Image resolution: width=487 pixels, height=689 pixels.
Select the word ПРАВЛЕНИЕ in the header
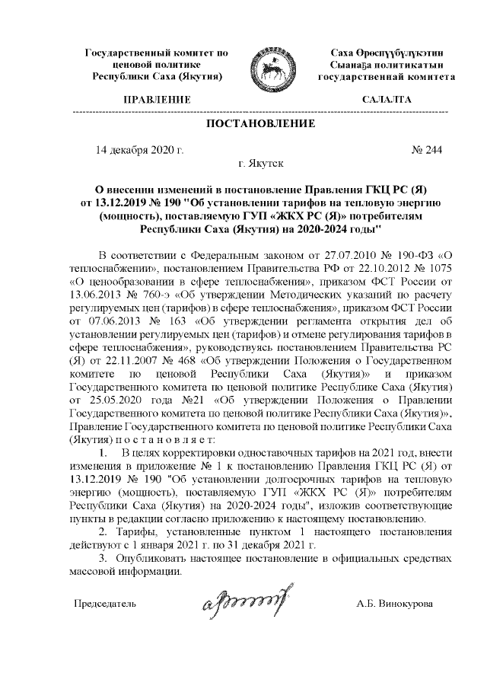pyautogui.click(x=156, y=100)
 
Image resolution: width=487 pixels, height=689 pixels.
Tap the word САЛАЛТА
pyautogui.click(x=387, y=100)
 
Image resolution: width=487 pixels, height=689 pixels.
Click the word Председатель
pyautogui.click(x=104, y=603)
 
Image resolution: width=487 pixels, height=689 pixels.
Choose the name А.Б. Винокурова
pyautogui.click(x=394, y=603)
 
